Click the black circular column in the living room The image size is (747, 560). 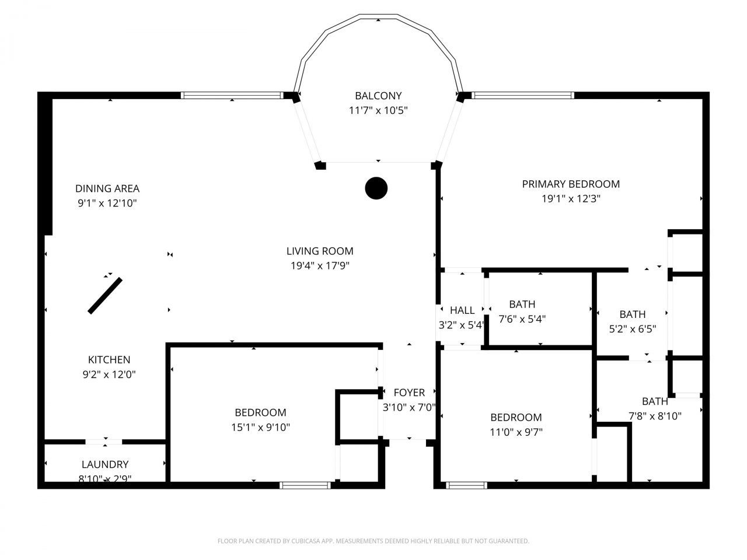pos(376,188)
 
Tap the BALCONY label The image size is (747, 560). pos(378,96)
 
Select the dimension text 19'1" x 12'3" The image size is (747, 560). pos(571,198)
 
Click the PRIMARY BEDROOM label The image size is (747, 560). pos(571,184)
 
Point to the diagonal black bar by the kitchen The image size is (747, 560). pos(105,296)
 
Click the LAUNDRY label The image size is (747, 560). pos(105,464)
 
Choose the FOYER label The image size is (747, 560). pos(409,393)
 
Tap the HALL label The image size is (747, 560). pos(462,310)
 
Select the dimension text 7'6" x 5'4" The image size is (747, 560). pos(522,319)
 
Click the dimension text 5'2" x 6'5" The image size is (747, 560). pos(633,328)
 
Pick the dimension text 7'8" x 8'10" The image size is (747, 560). pos(655,416)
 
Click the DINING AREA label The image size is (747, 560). pos(107,188)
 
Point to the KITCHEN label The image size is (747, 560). pos(109,360)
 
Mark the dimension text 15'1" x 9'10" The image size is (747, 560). pos(260,427)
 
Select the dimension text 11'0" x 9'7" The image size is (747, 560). pos(516,432)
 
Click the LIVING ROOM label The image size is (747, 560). pos(320,251)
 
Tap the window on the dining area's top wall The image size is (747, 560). pos(232,96)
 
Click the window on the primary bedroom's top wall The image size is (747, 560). pos(522,96)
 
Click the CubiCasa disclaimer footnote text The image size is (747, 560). pos(373,541)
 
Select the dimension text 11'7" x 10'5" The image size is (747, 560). pos(378,110)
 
